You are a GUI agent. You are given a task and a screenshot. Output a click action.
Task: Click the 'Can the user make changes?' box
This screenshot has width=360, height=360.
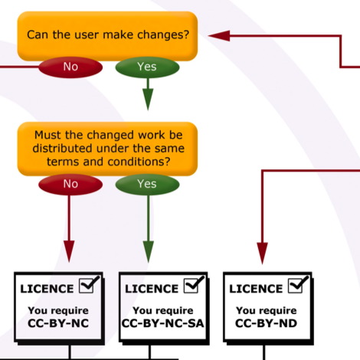(107, 36)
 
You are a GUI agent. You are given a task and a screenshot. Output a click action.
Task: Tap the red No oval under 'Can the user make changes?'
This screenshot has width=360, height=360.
(70, 67)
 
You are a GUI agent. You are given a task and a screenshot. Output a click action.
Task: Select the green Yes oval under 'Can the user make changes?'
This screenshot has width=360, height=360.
(147, 67)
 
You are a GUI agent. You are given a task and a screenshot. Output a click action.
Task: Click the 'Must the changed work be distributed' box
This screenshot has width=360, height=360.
(107, 149)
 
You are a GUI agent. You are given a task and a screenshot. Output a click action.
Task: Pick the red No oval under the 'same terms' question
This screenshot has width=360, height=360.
(70, 184)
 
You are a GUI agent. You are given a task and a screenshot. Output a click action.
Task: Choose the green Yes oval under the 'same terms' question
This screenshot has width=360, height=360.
(147, 184)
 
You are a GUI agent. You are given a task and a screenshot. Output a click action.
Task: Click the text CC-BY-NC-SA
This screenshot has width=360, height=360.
(163, 323)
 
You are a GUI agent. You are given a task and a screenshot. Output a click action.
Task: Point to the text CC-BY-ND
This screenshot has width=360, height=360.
(266, 323)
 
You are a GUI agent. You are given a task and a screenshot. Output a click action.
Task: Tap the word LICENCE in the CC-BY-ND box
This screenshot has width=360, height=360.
(256, 289)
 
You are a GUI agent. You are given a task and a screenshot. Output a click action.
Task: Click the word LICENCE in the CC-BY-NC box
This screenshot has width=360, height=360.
(47, 289)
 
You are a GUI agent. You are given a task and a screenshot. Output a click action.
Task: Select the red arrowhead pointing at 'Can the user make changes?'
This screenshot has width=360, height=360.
(219, 36)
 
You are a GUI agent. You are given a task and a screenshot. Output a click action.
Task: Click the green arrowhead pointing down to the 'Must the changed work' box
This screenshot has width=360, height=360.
(148, 99)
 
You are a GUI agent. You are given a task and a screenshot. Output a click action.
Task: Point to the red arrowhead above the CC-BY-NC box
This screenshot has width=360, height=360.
(69, 251)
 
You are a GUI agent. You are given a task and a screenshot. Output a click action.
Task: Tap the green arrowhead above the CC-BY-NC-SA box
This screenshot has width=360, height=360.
(149, 251)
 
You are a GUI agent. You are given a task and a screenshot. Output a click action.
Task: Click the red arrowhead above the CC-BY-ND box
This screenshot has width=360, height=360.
(262, 253)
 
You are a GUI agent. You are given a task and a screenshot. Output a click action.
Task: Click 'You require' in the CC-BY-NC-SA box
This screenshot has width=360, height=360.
(163, 311)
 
